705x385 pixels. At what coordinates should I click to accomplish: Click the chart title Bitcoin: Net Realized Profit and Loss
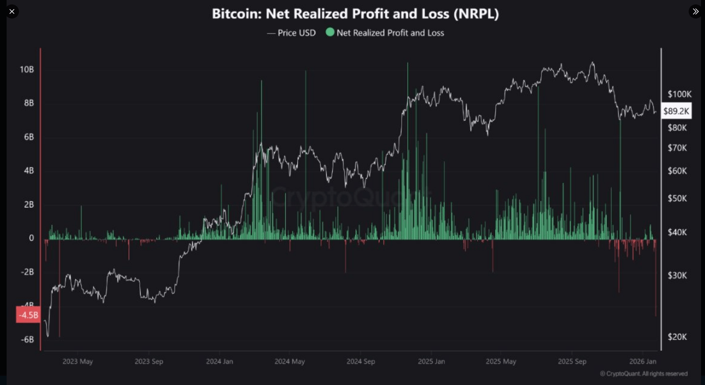pyautogui.click(x=355, y=14)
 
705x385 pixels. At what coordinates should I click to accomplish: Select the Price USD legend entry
pyautogui.click(x=291, y=33)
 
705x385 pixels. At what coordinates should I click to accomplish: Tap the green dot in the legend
pyautogui.click(x=330, y=32)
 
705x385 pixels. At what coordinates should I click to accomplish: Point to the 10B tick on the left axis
pyautogui.click(x=26, y=70)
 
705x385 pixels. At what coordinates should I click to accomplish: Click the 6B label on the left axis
pyautogui.click(x=29, y=137)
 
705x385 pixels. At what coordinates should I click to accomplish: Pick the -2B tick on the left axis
pyautogui.click(x=27, y=272)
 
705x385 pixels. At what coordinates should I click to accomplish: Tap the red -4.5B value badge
pyautogui.click(x=28, y=315)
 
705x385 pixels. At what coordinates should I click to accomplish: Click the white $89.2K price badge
pyautogui.click(x=676, y=111)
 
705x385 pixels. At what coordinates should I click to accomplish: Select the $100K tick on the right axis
pyautogui.click(x=679, y=94)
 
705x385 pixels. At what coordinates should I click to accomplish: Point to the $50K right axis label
pyautogui.click(x=677, y=199)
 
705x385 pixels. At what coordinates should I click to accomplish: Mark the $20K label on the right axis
pyautogui.click(x=677, y=337)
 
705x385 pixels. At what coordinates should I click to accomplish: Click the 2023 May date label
pyautogui.click(x=78, y=362)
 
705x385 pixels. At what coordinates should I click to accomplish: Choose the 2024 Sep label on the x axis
pyautogui.click(x=361, y=362)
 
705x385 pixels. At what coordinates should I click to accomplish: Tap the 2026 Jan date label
pyautogui.click(x=642, y=362)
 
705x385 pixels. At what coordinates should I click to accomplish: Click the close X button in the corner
pyautogui.click(x=12, y=11)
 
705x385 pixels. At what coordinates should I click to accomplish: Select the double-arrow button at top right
pyautogui.click(x=695, y=11)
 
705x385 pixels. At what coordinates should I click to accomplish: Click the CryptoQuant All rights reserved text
pyautogui.click(x=644, y=374)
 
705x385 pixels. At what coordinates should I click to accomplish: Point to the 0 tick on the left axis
pyautogui.click(x=31, y=238)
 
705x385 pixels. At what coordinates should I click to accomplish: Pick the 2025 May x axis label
pyautogui.click(x=501, y=362)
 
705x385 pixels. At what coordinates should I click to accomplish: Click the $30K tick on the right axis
pyautogui.click(x=677, y=276)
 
